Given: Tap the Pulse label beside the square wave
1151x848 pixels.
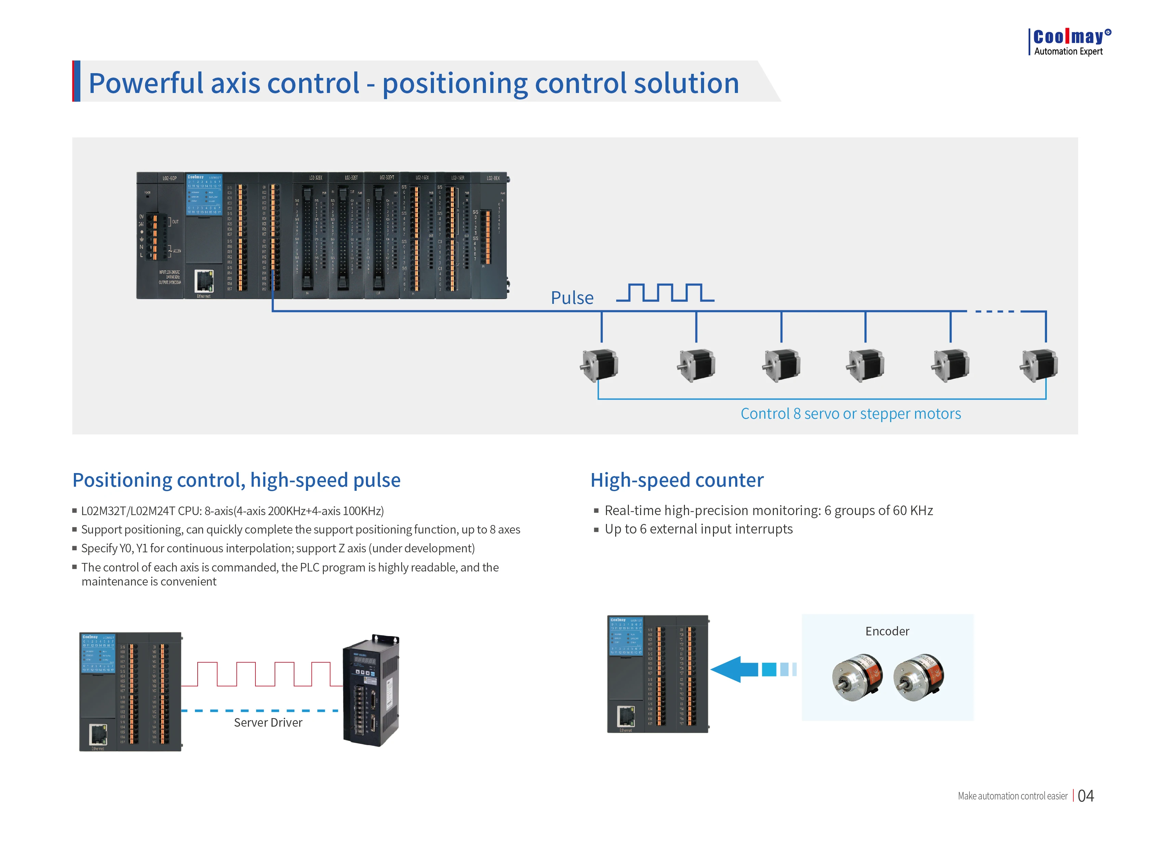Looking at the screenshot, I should [572, 298].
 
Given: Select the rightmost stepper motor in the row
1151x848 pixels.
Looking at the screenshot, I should [1038, 365].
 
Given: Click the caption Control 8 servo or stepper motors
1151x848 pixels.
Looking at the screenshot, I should [850, 413].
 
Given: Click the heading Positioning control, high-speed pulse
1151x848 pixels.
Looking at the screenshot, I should [236, 480].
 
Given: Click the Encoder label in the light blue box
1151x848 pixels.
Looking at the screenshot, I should [887, 631].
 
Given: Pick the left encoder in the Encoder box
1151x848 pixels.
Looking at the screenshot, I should [857, 677].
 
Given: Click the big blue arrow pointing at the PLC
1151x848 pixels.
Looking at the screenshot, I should [735, 669].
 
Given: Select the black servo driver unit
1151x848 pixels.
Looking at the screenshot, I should [371, 690].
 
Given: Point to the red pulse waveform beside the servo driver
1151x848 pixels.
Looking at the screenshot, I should [262, 674].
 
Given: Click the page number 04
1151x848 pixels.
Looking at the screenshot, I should [1085, 796].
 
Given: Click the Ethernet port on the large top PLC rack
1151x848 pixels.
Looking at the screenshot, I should [204, 281].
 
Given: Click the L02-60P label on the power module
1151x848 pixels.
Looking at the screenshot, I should [170, 178].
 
